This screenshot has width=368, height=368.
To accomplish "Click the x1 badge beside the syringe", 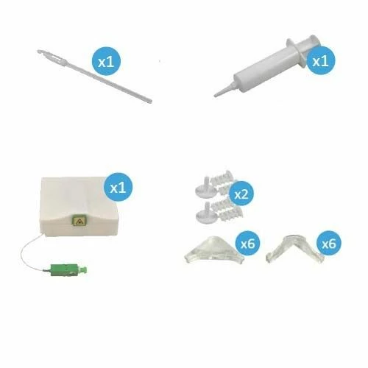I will (319, 60).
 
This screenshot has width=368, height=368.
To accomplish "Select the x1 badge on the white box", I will (118, 187).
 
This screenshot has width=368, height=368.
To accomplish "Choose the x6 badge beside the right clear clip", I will (328, 241).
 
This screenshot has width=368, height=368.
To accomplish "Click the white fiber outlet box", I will (70, 202).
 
